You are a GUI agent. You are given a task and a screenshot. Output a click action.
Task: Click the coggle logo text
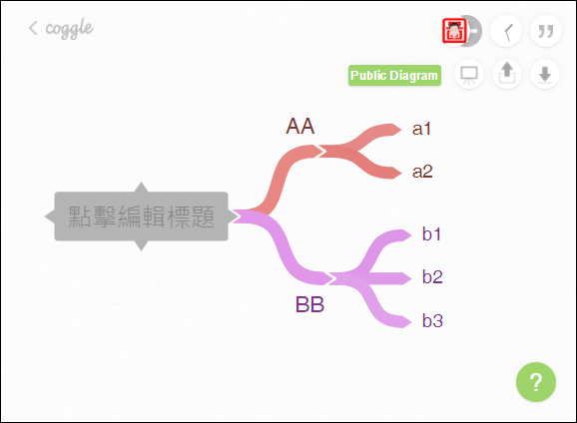tap(69, 28)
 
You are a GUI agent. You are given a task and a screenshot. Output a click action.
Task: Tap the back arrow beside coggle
tap(33, 28)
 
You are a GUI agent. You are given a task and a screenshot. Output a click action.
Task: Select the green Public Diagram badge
tap(394, 76)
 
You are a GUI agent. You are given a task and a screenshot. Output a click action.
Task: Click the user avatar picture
tap(454, 31)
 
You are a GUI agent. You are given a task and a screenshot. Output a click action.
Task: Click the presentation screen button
tap(469, 74)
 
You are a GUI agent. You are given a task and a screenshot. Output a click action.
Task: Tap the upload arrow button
tap(507, 74)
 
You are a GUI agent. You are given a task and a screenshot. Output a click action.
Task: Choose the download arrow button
tap(545, 74)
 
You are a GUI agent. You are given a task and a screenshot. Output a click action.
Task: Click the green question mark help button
tap(536, 382)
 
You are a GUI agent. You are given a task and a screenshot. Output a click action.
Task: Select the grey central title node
tap(142, 216)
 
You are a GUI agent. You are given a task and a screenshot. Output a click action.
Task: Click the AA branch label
tap(299, 126)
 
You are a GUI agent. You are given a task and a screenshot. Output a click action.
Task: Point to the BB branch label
tap(309, 304)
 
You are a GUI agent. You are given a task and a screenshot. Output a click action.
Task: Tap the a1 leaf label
tap(421, 129)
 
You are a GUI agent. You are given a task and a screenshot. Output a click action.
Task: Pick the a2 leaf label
tap(422, 172)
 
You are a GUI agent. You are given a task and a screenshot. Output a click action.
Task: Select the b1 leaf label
tap(431, 233)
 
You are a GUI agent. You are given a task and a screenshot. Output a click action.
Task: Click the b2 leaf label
tap(432, 276)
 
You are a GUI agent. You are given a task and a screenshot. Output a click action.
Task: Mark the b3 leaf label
tap(432, 320)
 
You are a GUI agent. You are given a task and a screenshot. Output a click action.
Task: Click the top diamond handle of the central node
tap(142, 187)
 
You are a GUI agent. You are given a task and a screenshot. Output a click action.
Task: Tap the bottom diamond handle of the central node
tap(142, 246)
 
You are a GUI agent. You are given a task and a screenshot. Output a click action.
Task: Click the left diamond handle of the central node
tap(50, 216)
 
